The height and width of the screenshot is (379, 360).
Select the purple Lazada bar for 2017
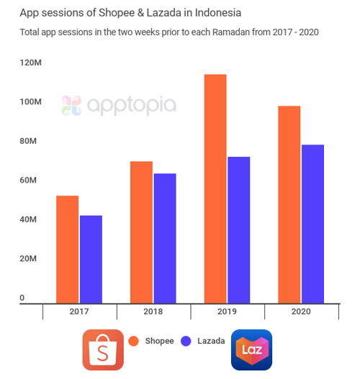pos(91,260)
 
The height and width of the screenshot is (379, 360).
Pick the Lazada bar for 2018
pos(165,239)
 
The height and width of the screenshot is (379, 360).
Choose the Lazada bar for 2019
pos(238,230)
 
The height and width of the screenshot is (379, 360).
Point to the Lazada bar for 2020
pos(312,224)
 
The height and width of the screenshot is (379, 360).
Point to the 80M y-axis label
pos(30,141)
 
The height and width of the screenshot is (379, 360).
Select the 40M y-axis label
pos(30,219)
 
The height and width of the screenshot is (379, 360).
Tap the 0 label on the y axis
pos(22,298)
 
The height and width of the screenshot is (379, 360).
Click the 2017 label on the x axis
pos(79,311)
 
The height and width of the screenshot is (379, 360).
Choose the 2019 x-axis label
pos(228,311)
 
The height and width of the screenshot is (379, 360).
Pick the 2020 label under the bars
pos(302,311)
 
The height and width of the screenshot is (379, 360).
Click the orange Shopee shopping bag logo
pos(103,350)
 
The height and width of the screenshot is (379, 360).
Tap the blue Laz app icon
pos(251,350)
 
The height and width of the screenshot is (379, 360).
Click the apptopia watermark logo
pos(119,106)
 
